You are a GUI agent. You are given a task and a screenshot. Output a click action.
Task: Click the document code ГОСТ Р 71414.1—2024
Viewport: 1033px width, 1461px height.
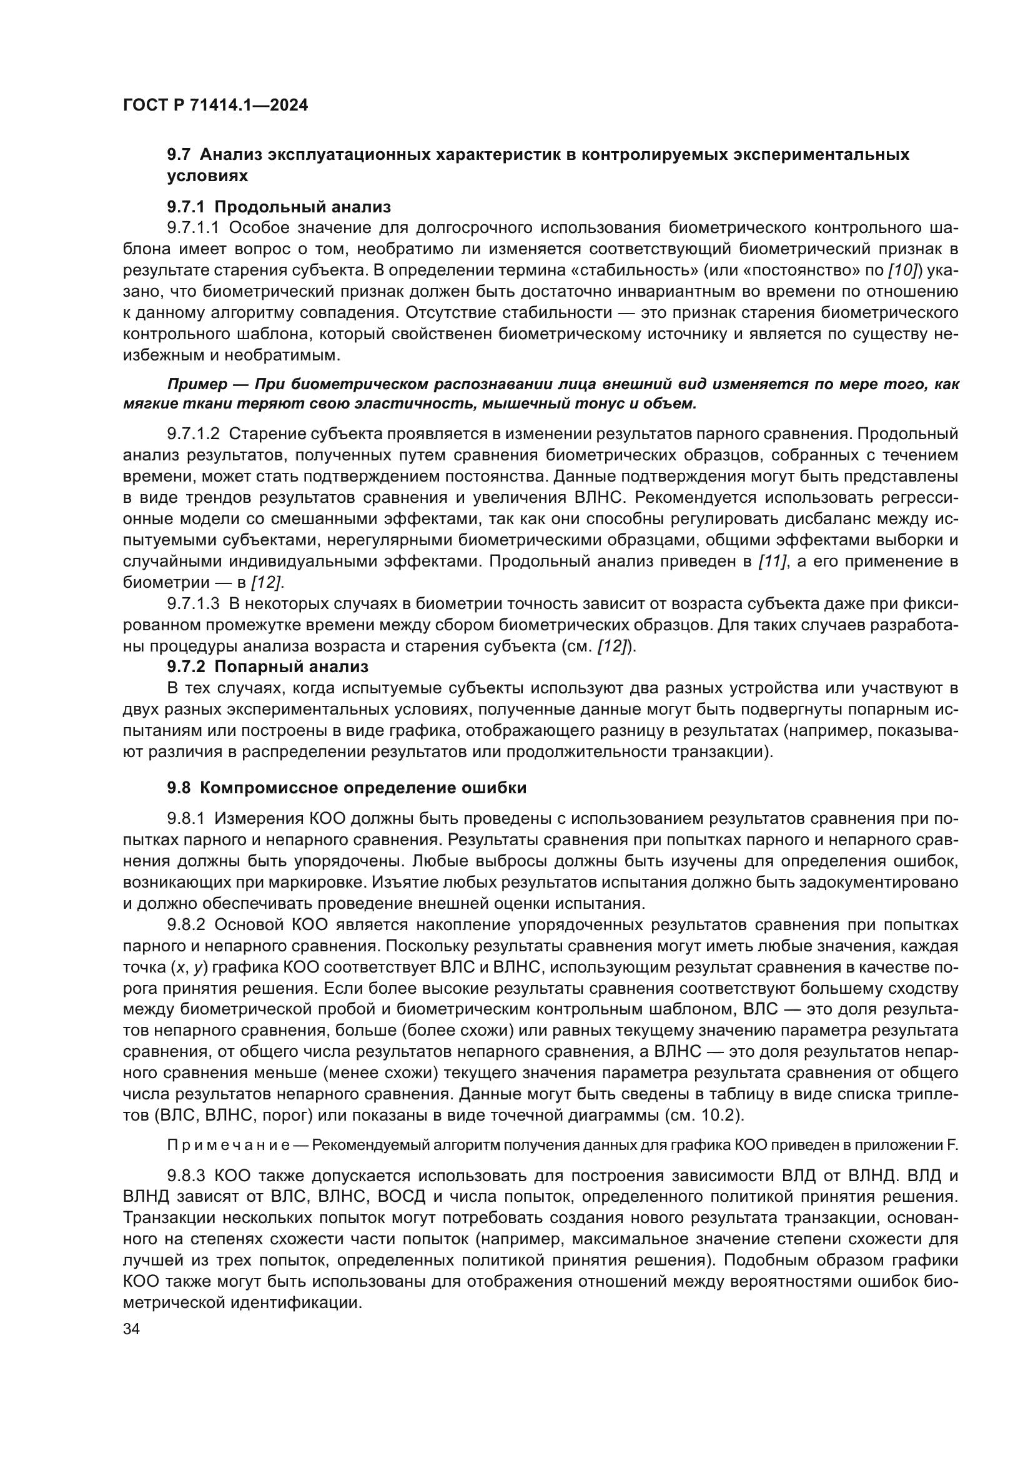click(x=215, y=106)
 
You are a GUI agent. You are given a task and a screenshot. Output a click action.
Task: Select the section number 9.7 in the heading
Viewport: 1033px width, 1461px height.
click(x=179, y=155)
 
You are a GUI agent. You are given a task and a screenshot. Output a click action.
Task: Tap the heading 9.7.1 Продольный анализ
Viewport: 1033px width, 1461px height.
click(x=279, y=207)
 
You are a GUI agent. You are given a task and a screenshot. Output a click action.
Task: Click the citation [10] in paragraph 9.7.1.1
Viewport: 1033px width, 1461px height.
click(x=902, y=270)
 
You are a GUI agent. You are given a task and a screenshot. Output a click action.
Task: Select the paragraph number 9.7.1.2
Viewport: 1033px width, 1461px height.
click(x=193, y=434)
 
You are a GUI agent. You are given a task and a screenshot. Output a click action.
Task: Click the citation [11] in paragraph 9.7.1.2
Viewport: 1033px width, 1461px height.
click(x=772, y=562)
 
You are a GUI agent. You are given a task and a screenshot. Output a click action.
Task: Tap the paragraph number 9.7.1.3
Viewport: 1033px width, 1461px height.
click(x=193, y=604)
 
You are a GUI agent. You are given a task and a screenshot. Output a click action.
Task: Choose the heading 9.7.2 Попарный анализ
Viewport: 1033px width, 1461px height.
click(x=268, y=667)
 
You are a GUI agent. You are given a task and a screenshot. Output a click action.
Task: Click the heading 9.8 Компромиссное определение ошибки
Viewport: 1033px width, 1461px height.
click(x=347, y=788)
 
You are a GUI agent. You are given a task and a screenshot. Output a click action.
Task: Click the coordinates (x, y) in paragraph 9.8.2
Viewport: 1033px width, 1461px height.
click(x=189, y=967)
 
